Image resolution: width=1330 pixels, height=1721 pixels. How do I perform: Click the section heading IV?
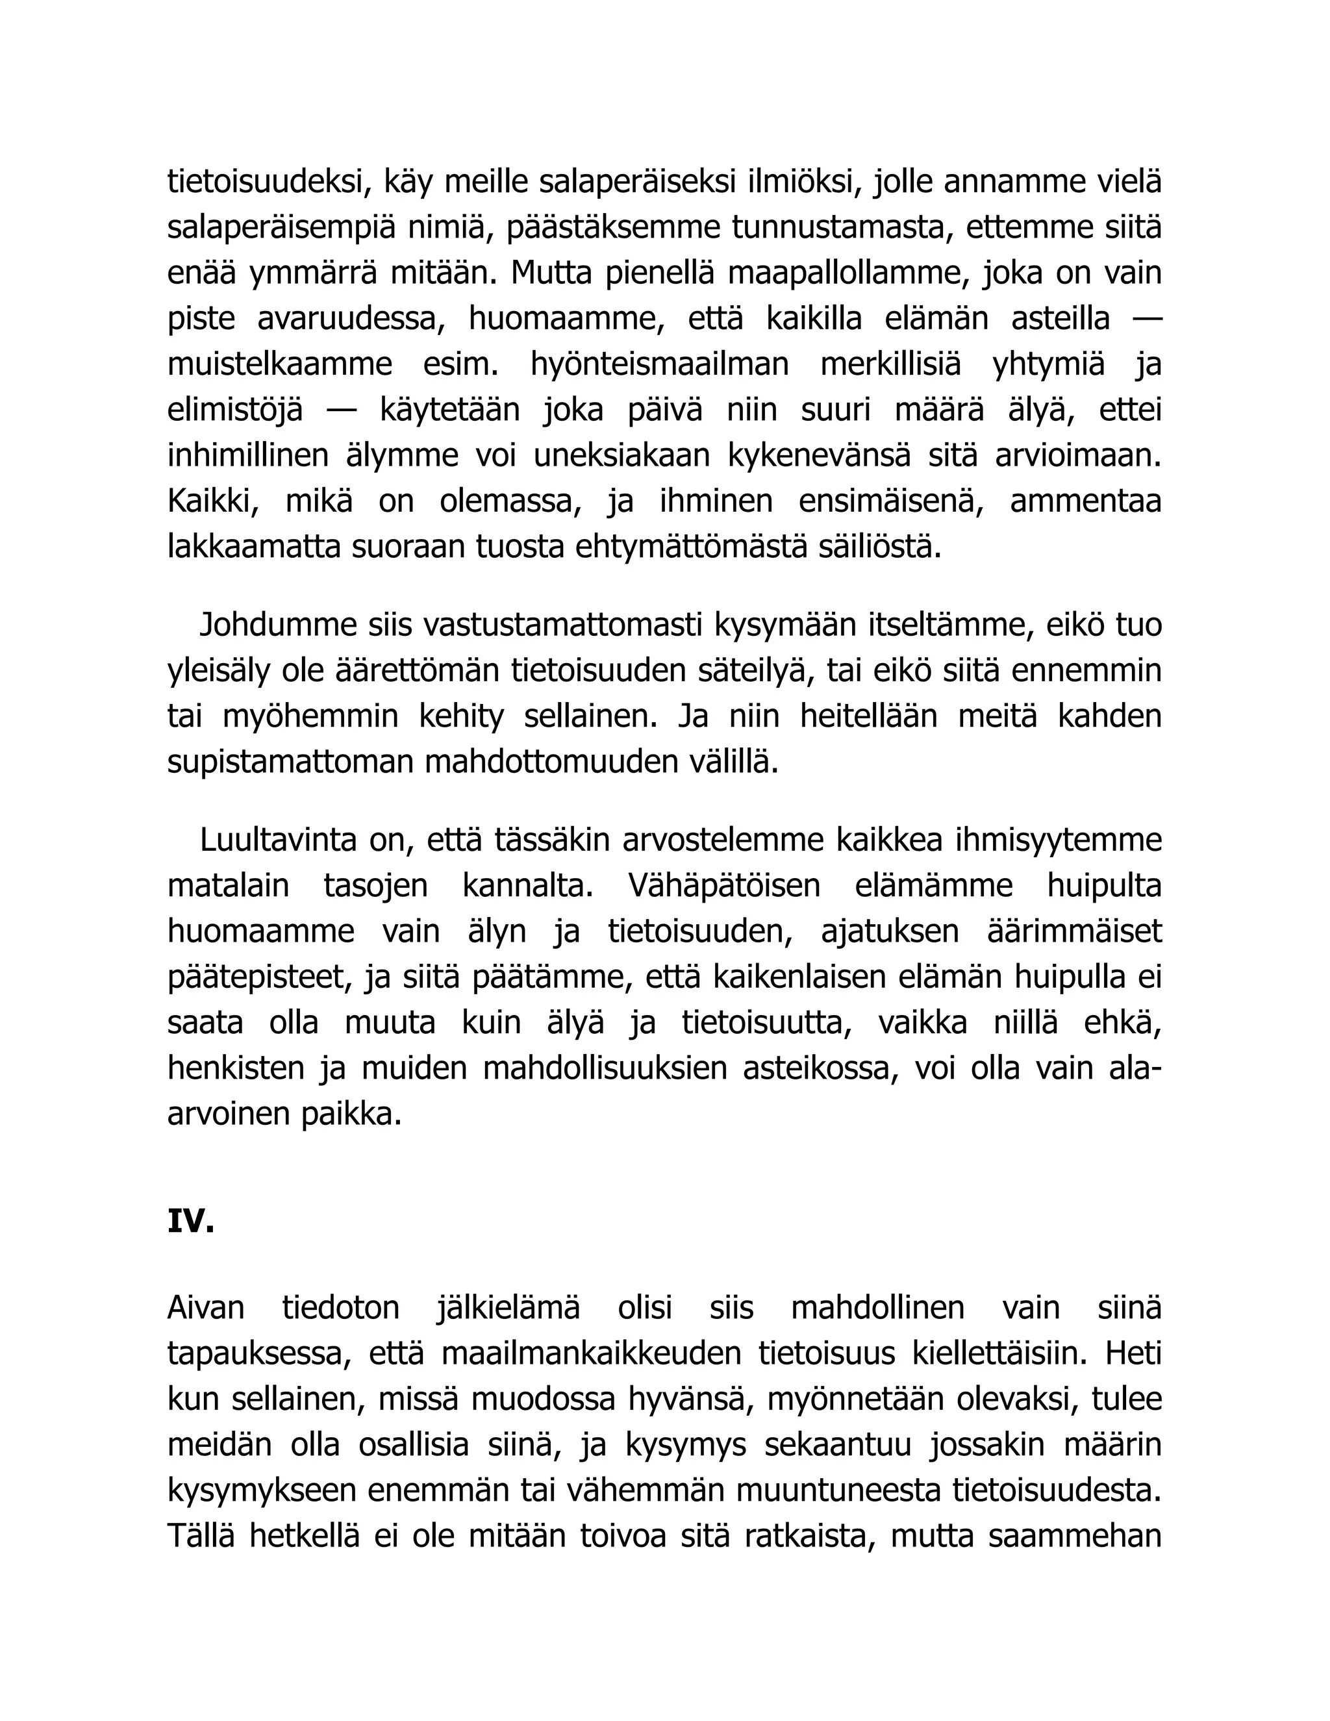coord(191,1222)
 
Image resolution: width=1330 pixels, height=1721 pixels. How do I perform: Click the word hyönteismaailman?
coord(659,365)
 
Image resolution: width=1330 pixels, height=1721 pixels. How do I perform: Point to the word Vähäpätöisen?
coord(724,886)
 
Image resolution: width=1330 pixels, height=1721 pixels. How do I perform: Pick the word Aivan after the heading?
coord(206,1308)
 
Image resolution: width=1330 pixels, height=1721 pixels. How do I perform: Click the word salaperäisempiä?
coord(281,228)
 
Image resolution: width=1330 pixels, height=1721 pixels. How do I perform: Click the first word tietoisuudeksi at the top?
coord(269,182)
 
